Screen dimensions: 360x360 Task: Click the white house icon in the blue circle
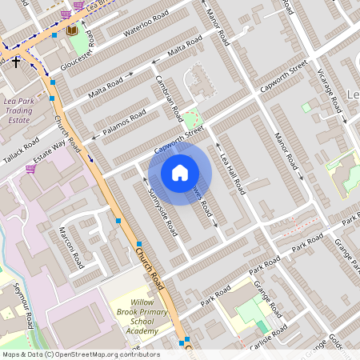click(180, 172)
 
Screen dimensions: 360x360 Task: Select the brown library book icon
click(73, 30)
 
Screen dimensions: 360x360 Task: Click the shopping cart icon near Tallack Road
click(30, 168)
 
